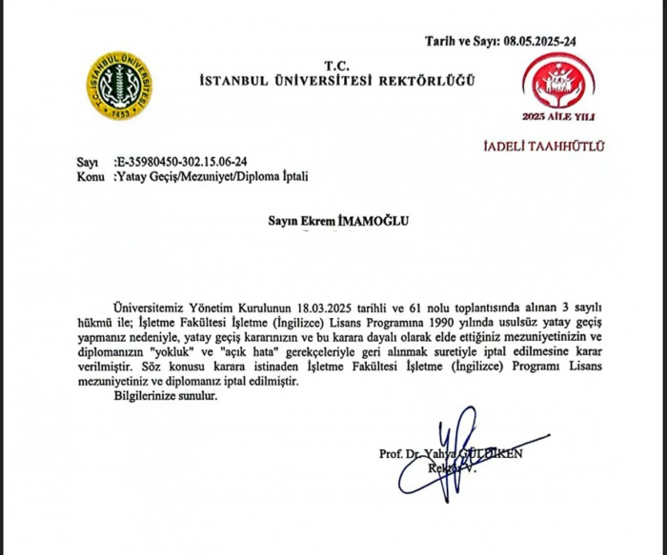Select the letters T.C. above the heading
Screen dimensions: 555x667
(x=335, y=66)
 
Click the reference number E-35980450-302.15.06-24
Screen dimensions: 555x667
(x=181, y=163)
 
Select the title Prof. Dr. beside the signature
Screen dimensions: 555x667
(x=398, y=454)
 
